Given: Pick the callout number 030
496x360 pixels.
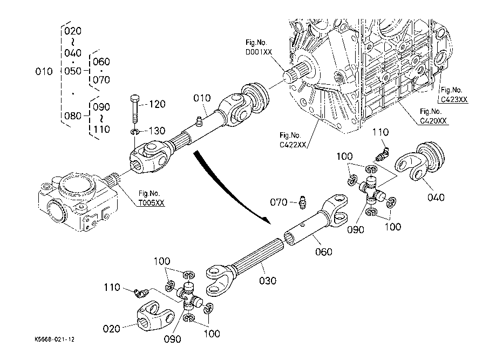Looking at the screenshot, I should tap(267, 281).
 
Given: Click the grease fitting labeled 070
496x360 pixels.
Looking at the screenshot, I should tap(301, 202).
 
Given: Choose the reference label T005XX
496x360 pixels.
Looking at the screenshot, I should tap(151, 202).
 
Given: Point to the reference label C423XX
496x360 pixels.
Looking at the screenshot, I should tap(453, 99).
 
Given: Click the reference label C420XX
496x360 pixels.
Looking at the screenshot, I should tap(433, 121).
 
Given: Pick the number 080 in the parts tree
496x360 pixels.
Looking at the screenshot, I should tap(73, 116).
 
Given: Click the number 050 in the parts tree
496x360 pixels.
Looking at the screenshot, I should tap(73, 71).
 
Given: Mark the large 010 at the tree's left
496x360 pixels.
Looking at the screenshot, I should tap(44, 71).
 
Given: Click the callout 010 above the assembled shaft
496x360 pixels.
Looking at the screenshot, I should tap(202, 97).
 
